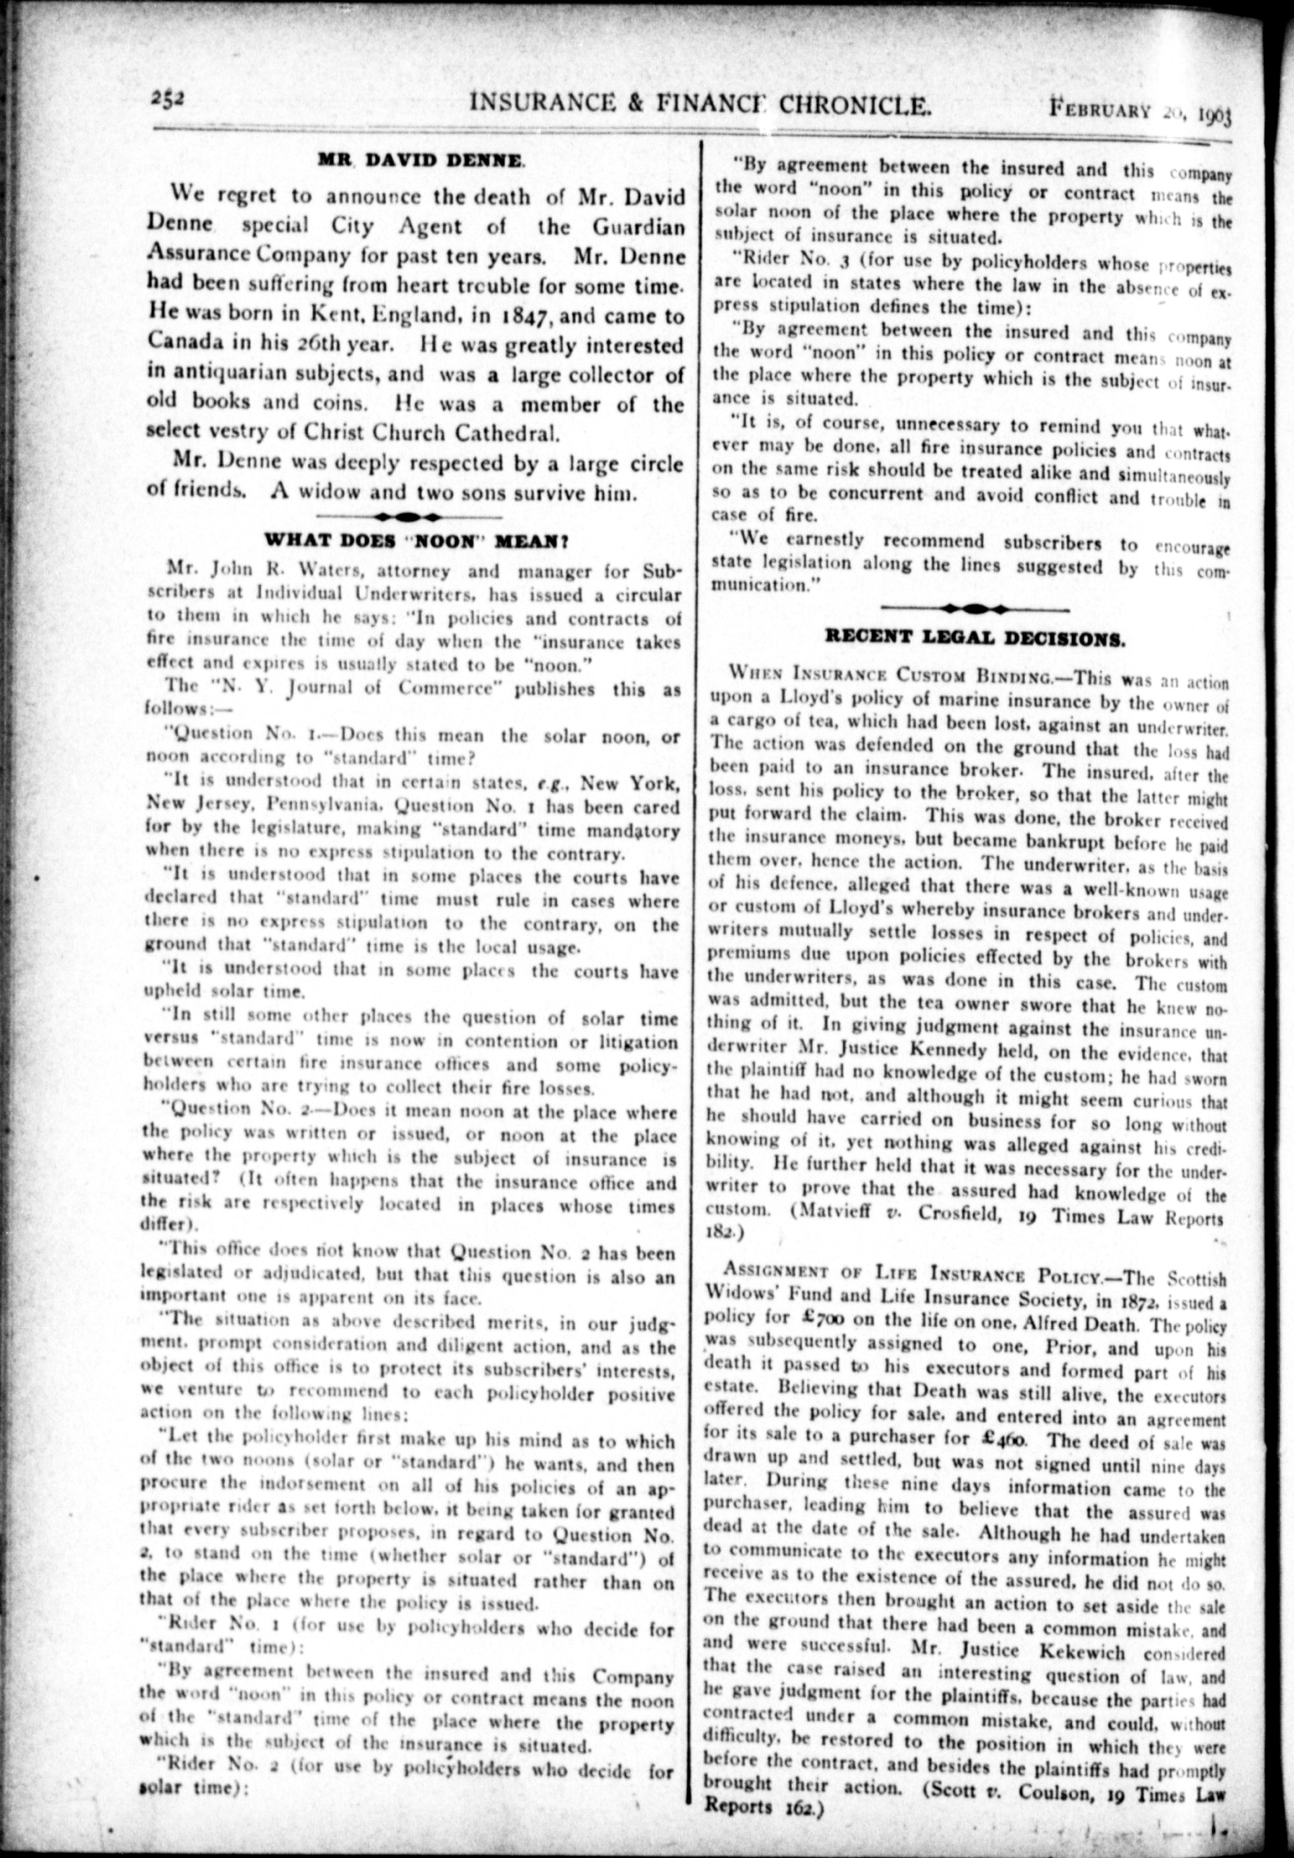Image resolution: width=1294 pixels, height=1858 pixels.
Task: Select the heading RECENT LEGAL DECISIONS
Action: (x=975, y=638)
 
